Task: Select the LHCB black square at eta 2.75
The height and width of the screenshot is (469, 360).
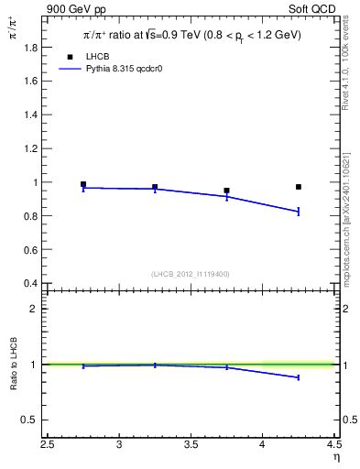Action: (83, 184)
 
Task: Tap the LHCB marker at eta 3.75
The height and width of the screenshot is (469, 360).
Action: (226, 191)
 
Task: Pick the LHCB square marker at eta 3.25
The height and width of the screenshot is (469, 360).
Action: (155, 187)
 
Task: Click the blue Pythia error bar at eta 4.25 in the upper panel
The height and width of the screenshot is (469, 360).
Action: (299, 212)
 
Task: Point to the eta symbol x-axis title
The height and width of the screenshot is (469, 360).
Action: (335, 456)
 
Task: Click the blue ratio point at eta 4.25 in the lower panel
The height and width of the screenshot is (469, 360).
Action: (299, 377)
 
